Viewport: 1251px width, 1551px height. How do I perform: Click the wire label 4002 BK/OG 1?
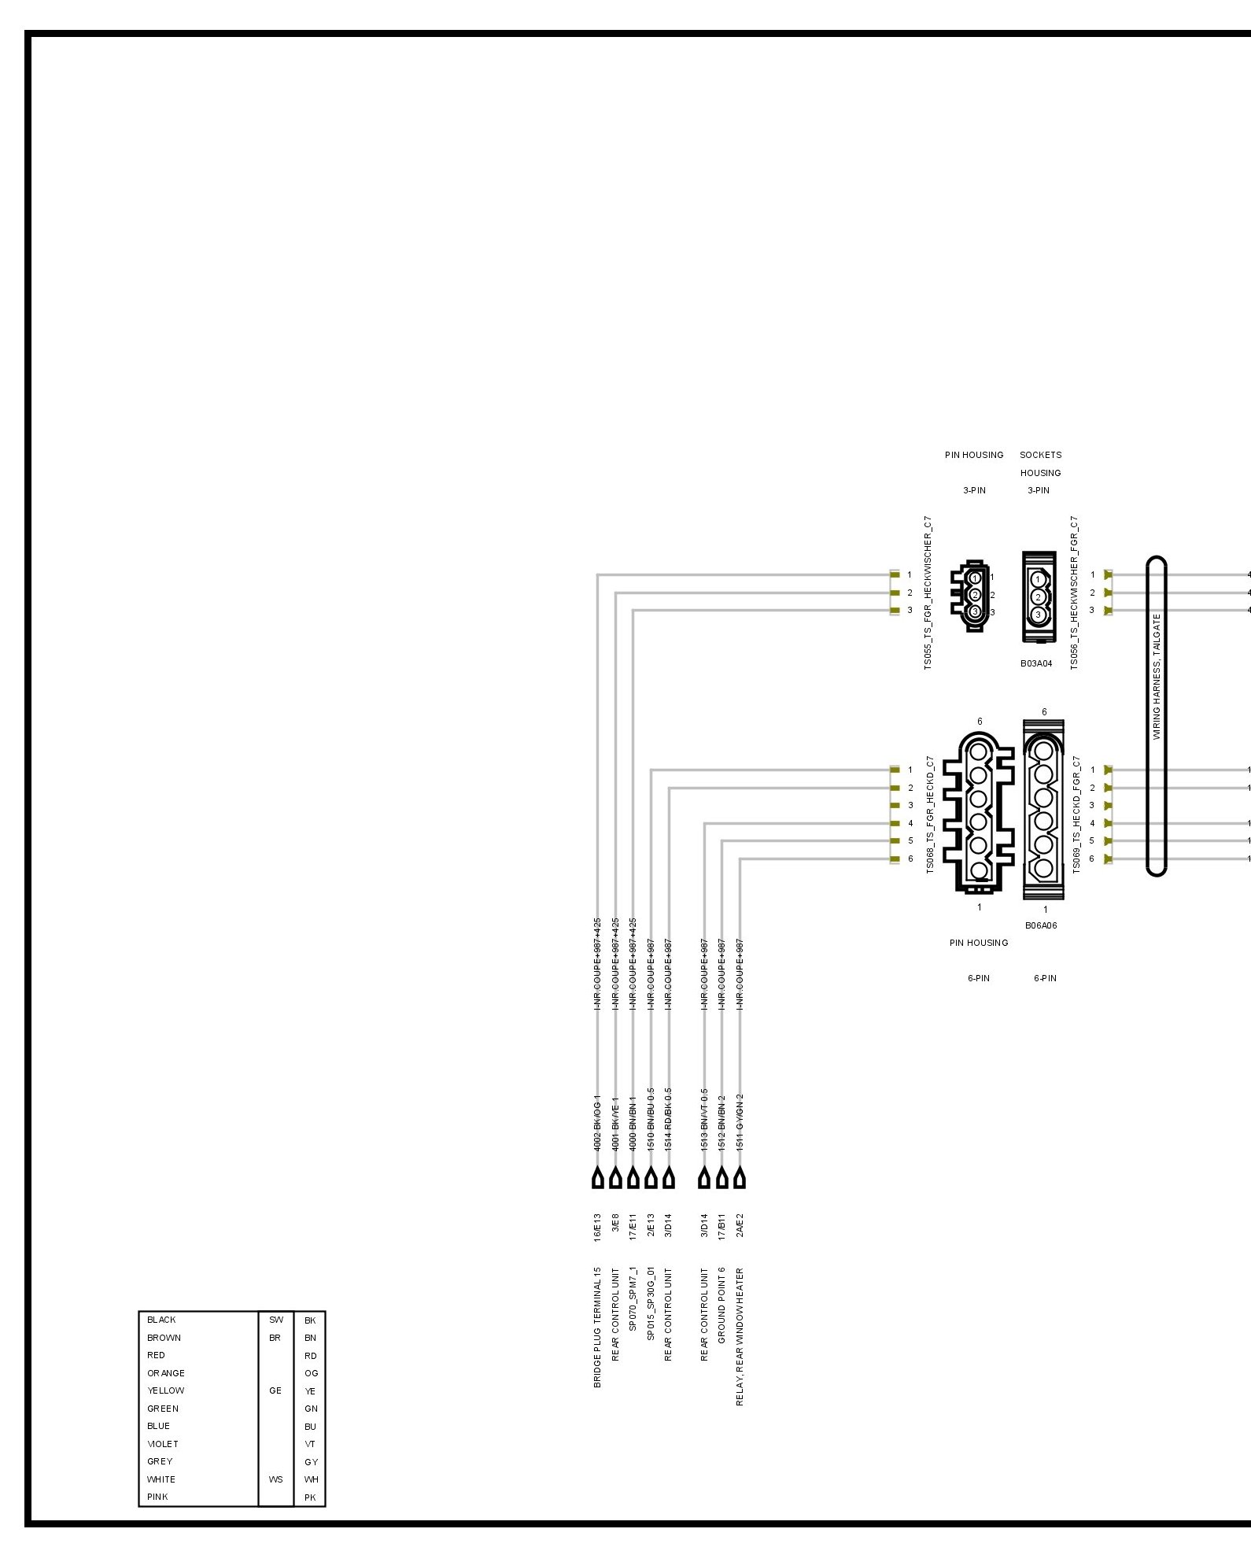[x=597, y=1123]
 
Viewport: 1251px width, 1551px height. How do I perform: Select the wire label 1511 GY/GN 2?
[x=740, y=1123]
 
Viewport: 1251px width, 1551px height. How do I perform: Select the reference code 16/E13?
[x=597, y=1227]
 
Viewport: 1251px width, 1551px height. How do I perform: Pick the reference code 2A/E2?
[x=740, y=1225]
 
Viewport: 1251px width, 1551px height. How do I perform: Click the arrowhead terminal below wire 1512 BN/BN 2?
[x=721, y=1179]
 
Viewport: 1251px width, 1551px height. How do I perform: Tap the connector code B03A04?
[x=1036, y=663]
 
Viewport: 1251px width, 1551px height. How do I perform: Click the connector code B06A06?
[x=1041, y=925]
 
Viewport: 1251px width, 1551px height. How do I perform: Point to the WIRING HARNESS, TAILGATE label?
[x=1157, y=676]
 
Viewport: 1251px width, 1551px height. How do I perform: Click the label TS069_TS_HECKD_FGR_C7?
[x=1076, y=814]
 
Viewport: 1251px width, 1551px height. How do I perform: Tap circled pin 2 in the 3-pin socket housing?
[x=1038, y=597]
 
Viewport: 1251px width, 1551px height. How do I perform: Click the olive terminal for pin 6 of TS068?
[x=895, y=859]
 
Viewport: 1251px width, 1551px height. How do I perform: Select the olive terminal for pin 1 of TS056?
[x=1108, y=574]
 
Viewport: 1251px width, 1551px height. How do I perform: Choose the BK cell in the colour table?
[x=310, y=1320]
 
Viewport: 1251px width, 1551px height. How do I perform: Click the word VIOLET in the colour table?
[x=163, y=1444]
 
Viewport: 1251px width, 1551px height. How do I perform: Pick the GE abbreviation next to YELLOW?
[x=275, y=1390]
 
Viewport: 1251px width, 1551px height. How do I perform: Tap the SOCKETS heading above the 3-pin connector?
[x=1040, y=455]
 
